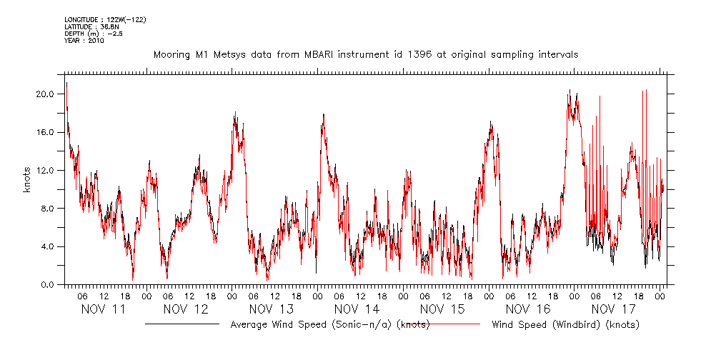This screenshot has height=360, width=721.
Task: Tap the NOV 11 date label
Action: point(104,309)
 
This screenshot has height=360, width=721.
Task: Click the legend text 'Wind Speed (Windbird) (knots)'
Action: point(566,325)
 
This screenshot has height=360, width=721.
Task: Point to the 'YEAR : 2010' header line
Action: point(84,41)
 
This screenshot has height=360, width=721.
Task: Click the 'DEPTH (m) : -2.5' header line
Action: point(93,34)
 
